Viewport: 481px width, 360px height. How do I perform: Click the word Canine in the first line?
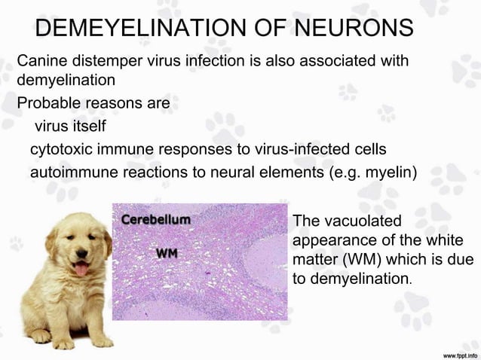pos(41,60)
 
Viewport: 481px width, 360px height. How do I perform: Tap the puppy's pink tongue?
pos(81,268)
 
